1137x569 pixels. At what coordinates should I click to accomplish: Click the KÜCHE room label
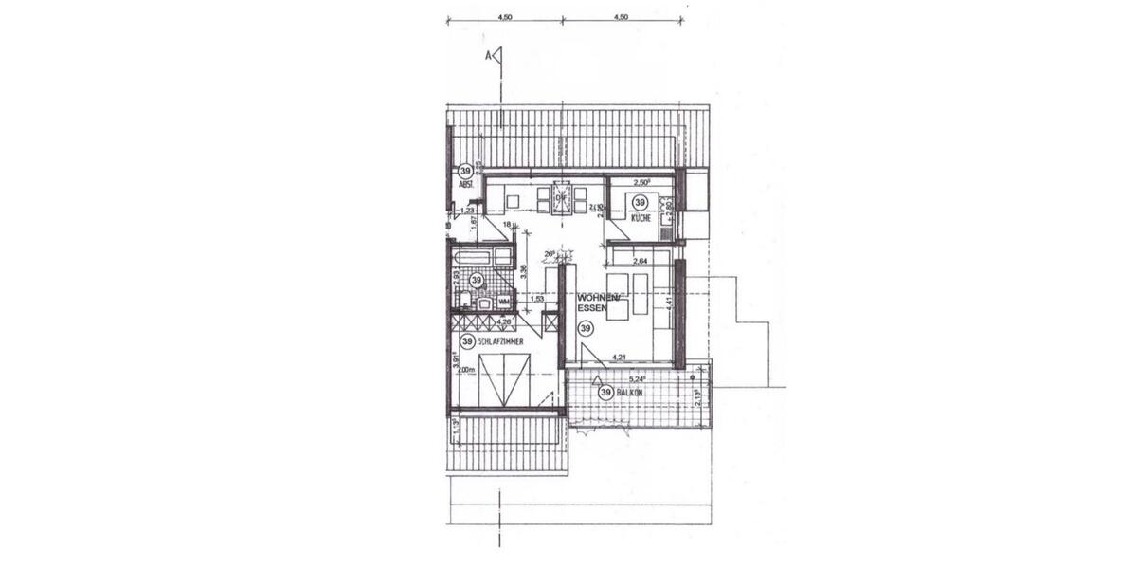(x=640, y=219)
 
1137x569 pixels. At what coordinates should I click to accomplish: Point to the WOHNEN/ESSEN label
(x=600, y=303)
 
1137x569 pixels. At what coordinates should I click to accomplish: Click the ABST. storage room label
(x=465, y=186)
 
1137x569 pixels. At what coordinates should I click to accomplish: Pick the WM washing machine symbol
(x=502, y=303)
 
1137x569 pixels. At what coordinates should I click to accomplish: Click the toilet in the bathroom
(x=464, y=301)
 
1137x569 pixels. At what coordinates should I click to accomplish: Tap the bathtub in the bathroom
(x=482, y=257)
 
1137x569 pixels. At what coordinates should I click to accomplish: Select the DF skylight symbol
(x=560, y=199)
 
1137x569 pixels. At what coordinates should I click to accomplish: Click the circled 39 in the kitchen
(x=640, y=202)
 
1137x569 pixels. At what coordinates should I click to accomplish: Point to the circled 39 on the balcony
(x=605, y=392)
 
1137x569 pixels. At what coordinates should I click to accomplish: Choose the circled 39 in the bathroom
(x=477, y=281)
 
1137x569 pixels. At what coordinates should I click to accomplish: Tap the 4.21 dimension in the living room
(x=621, y=358)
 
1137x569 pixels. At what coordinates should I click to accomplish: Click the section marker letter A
(x=489, y=57)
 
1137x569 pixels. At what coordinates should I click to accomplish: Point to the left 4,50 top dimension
(x=505, y=16)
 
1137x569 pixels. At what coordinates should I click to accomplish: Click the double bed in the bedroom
(x=504, y=379)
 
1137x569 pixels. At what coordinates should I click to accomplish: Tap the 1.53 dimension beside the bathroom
(x=536, y=299)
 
